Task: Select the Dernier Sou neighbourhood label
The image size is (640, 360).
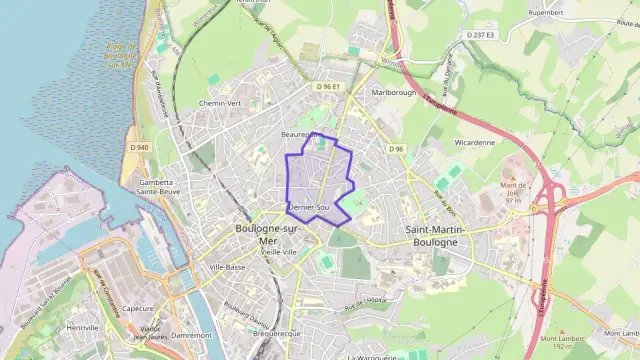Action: pyautogui.click(x=308, y=207)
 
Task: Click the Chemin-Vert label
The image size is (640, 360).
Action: pyautogui.click(x=221, y=103)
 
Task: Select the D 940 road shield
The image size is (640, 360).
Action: pyautogui.click(x=139, y=148)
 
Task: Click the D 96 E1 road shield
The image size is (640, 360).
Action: pyautogui.click(x=328, y=87)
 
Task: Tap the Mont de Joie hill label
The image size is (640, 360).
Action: pyautogui.click(x=513, y=190)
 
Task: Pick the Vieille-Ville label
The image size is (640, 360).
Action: pyautogui.click(x=279, y=253)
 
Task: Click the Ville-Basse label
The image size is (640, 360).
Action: pyautogui.click(x=227, y=267)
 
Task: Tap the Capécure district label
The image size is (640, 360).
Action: pyautogui.click(x=137, y=308)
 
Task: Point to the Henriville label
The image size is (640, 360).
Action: pyautogui.click(x=81, y=327)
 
